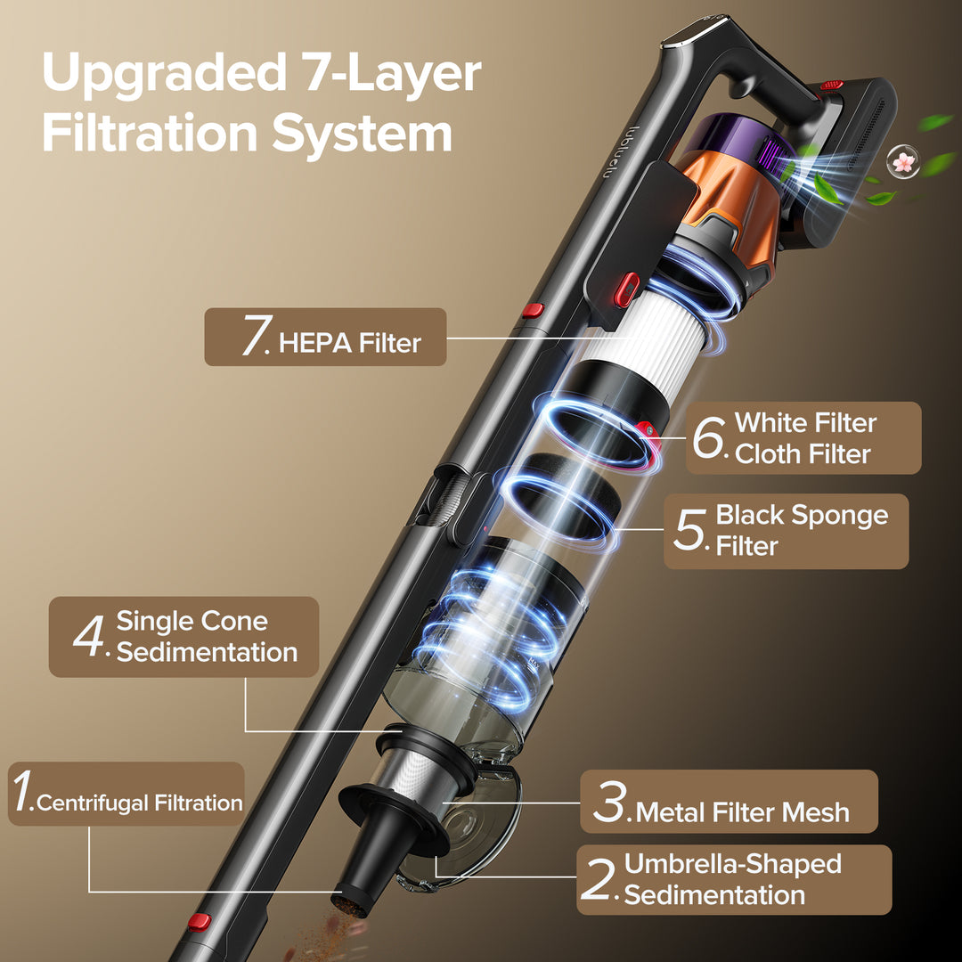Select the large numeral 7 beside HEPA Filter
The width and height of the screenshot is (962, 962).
(257, 335)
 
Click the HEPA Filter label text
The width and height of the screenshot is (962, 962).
(350, 343)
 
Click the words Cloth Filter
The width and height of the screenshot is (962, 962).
(803, 454)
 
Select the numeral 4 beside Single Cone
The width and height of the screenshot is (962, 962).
(90, 636)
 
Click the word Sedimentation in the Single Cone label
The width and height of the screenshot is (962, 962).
(207, 652)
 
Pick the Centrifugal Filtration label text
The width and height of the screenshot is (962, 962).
(140, 803)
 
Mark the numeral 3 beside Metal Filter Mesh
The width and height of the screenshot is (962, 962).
(610, 802)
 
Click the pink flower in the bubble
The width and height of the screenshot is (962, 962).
(904, 161)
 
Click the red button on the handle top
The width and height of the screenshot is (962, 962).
(832, 85)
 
